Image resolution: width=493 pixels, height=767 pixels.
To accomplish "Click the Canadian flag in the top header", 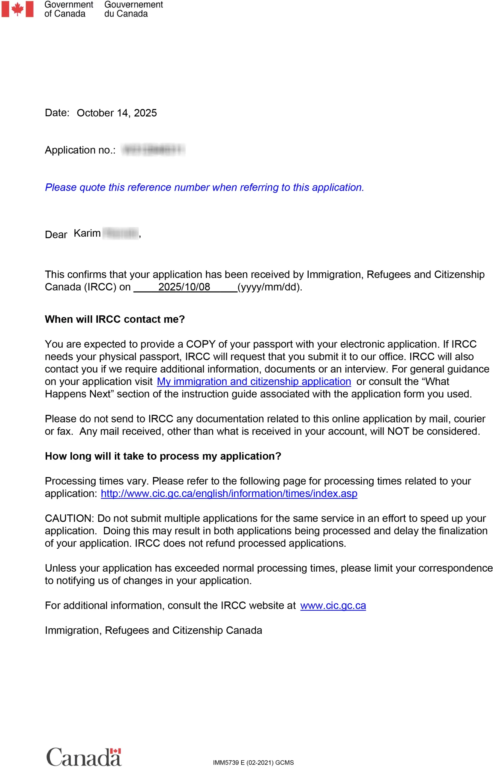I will point(17,9).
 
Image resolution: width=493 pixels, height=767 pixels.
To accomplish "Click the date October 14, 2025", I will point(117,113).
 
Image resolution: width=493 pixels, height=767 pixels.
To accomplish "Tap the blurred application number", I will point(153,150).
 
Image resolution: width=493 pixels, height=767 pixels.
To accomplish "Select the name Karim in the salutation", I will point(87,233).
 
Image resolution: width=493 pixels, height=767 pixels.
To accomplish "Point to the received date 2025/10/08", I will point(184,287).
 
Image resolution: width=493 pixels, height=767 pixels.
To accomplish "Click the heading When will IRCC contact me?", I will point(115,319).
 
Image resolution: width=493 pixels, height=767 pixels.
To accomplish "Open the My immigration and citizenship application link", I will point(254,381).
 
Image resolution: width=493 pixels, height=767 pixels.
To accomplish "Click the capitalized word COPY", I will point(200,344).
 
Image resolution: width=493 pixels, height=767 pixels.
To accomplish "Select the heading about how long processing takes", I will point(163,456).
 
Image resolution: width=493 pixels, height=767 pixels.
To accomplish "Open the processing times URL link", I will point(229,493).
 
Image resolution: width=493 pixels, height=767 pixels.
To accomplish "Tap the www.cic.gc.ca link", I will point(333,605).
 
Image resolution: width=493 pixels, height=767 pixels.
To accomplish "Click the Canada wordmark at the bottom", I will point(84,757).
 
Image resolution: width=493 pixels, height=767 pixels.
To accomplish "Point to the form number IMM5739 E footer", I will point(253,762).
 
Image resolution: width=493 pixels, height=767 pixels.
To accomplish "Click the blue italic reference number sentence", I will point(204,187).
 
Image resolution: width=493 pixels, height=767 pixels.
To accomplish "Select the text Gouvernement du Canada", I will point(133,9).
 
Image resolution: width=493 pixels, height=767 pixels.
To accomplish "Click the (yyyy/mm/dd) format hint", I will point(270,287).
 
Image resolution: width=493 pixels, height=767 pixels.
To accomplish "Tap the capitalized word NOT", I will point(398,431).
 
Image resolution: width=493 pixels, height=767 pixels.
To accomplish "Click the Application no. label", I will point(80,150).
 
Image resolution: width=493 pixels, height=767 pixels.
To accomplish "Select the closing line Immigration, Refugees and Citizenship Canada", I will point(153,630).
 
